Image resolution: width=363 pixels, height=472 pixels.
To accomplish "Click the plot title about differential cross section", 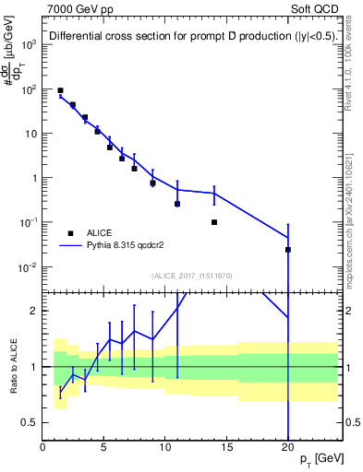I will click(x=190, y=37).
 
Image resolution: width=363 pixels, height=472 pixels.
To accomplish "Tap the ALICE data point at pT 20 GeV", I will click(x=288, y=250).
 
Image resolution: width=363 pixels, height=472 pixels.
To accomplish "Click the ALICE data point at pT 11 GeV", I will click(x=177, y=204).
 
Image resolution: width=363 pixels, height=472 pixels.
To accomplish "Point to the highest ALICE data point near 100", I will click(x=60, y=91).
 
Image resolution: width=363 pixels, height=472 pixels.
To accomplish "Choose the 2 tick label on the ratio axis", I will click(x=33, y=311).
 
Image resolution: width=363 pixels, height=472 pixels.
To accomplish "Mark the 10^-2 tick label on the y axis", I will click(x=26, y=267).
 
